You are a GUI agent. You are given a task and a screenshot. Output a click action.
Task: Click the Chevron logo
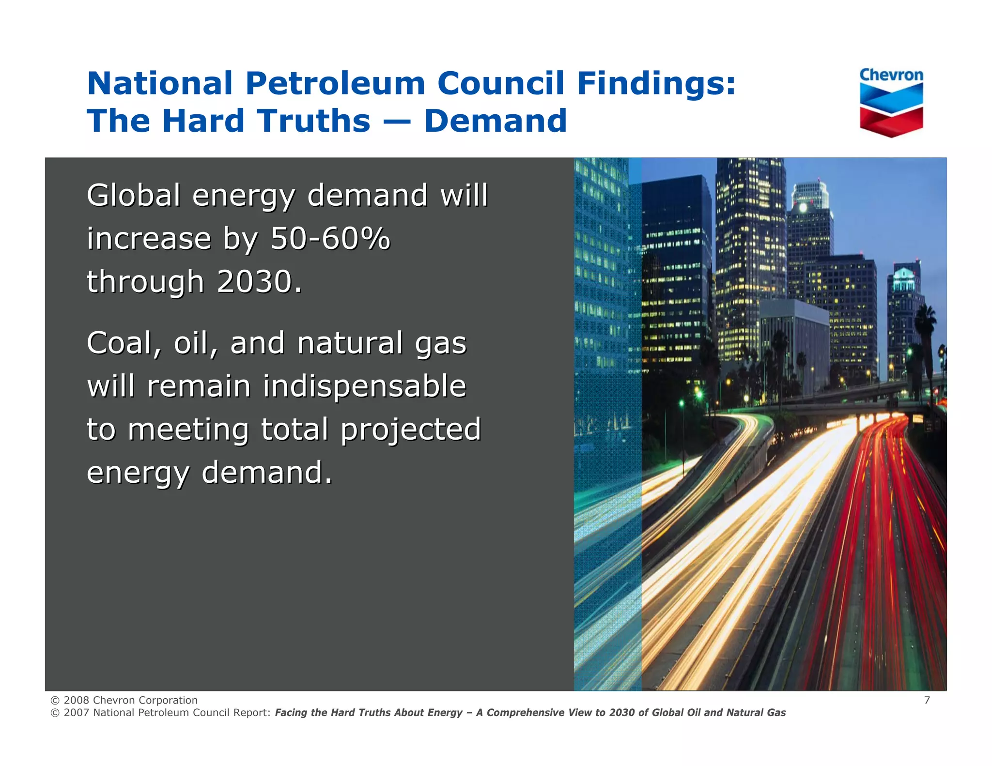[891, 102]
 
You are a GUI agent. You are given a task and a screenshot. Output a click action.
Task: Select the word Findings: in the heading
[656, 83]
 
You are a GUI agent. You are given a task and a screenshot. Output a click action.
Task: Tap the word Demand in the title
[496, 121]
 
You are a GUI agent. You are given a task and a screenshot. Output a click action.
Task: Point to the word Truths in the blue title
[313, 121]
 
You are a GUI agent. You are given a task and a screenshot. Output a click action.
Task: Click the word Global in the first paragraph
[134, 195]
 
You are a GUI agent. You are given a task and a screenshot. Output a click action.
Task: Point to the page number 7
[927, 700]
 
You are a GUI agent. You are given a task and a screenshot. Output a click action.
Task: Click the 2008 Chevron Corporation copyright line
[124, 700]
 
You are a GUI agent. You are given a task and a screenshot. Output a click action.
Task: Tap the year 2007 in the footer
[77, 713]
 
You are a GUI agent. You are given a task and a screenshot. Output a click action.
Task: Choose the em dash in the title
[397, 121]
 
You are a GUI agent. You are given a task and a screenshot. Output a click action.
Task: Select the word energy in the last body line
[138, 473]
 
